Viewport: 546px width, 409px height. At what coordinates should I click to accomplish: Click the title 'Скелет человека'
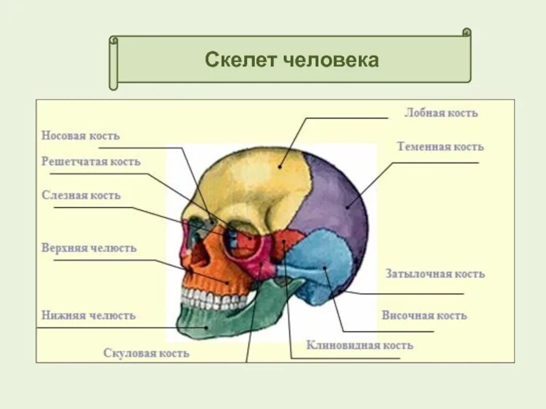[x=291, y=60]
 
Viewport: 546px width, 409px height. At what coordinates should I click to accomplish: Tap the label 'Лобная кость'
[x=441, y=113]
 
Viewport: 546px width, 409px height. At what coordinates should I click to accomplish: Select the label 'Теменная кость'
[x=440, y=147]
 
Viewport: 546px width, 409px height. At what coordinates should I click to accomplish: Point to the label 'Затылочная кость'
[x=435, y=274]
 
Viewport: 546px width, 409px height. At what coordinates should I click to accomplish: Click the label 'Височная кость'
[x=424, y=316]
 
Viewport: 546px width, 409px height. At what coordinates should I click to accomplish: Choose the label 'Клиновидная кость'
[x=359, y=346]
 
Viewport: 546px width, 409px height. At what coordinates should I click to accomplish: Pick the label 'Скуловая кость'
[x=146, y=353]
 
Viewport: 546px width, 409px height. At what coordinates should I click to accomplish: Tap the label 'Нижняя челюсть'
[x=88, y=316]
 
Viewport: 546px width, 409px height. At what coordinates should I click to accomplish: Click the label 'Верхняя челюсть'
[x=89, y=248]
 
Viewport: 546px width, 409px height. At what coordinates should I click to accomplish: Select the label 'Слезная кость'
[x=81, y=196]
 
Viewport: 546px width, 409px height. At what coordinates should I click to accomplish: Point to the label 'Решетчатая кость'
[x=91, y=162]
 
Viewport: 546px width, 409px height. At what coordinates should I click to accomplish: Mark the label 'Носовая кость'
[x=81, y=136]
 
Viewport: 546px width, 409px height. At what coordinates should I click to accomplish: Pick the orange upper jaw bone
[x=218, y=273]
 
